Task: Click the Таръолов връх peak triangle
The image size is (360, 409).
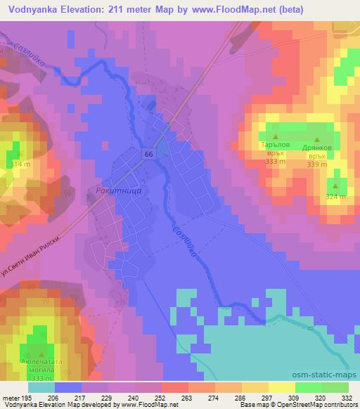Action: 275,137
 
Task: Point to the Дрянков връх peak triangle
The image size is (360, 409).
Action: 316,141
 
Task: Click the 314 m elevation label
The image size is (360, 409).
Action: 20,164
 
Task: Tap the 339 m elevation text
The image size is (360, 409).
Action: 317,164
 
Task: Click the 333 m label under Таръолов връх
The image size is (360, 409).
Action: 275,160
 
